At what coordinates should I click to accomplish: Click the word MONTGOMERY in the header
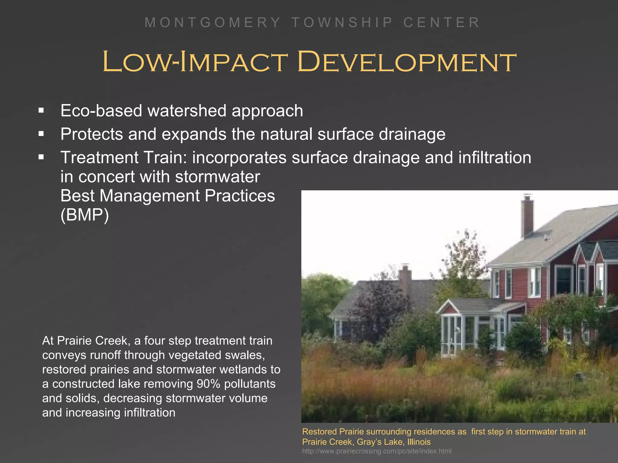click(x=213, y=23)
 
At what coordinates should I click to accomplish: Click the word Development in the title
click(x=406, y=62)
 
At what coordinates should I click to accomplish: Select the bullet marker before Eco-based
click(x=41, y=111)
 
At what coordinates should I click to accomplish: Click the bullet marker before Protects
click(x=41, y=134)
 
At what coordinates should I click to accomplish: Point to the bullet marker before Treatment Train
click(x=41, y=157)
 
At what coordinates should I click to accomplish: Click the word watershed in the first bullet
click(x=187, y=111)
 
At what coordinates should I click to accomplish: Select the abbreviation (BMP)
click(x=84, y=215)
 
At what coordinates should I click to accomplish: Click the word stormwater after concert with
click(x=217, y=177)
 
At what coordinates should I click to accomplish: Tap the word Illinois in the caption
click(x=419, y=442)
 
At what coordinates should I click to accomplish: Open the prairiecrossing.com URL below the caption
click(x=377, y=451)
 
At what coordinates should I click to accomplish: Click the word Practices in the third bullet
click(x=240, y=196)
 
